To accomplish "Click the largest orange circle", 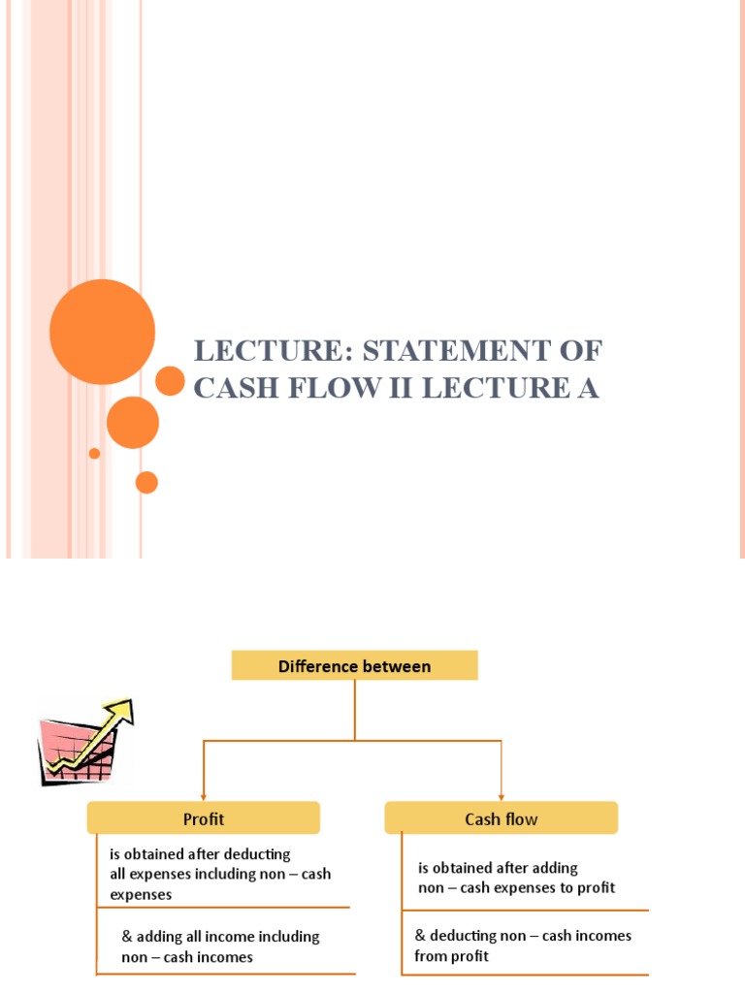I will [x=102, y=333].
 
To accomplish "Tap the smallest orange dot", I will [x=94, y=453].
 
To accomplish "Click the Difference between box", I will [x=354, y=666].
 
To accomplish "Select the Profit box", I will [x=203, y=818].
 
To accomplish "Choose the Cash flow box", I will [x=501, y=818].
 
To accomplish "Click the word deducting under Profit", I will [x=256, y=854].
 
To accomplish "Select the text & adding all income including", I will [x=220, y=937].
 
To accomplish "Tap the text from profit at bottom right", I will [x=451, y=956].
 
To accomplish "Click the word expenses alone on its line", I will [x=141, y=894].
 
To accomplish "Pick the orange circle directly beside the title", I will [x=170, y=381].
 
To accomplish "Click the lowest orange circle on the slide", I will [x=146, y=482].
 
